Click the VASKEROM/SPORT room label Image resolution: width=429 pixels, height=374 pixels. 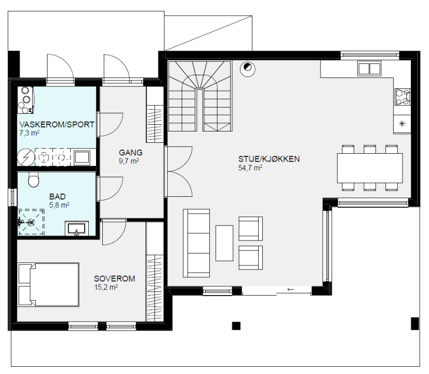[x=57, y=125]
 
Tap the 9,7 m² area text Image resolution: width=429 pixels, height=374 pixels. [x=129, y=161]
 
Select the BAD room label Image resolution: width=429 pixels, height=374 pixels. [x=58, y=196]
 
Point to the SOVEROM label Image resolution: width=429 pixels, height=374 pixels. [x=114, y=278]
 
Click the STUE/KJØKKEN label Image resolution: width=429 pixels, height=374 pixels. [x=269, y=159]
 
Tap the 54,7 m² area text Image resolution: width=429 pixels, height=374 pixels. [x=250, y=168]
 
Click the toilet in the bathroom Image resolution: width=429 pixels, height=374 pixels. [x=34, y=180]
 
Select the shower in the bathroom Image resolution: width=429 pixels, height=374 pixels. [x=31, y=222]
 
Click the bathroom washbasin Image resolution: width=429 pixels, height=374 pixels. [x=77, y=229]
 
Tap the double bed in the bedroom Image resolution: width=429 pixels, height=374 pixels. [x=48, y=285]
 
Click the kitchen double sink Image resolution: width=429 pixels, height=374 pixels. [x=369, y=69]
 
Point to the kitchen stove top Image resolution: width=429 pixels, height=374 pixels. [x=403, y=97]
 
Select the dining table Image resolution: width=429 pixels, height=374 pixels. [x=370, y=168]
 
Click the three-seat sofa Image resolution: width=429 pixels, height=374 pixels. [x=196, y=243]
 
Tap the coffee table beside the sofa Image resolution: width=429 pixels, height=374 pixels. [x=224, y=243]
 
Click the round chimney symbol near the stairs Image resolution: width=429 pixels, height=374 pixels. [x=248, y=69]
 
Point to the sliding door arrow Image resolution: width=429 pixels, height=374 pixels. [x=290, y=289]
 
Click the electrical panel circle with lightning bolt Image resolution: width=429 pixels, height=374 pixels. [x=26, y=157]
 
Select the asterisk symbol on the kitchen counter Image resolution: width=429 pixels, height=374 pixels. [x=402, y=124]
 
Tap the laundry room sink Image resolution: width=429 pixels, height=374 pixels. [x=82, y=157]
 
